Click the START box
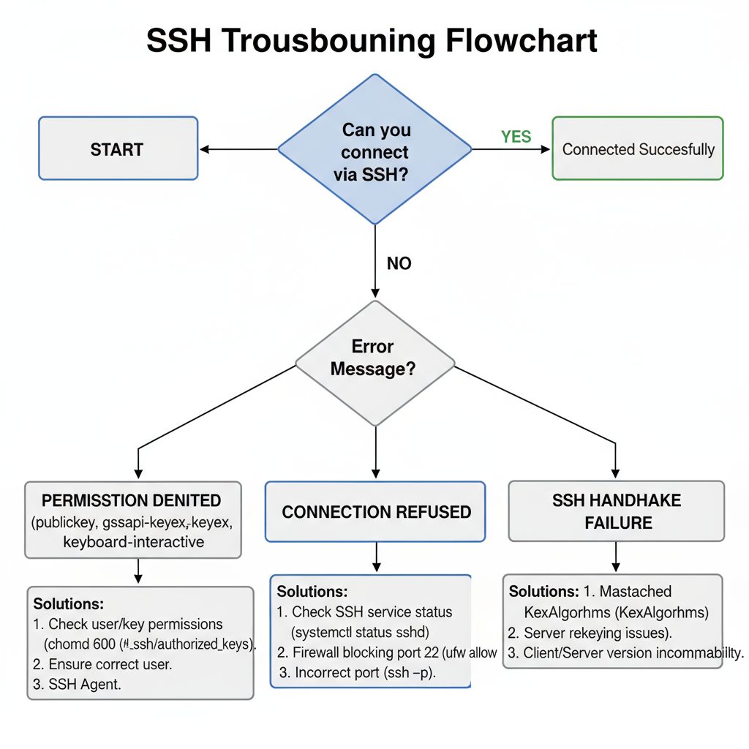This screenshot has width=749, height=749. click(x=118, y=148)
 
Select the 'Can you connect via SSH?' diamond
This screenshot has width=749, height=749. click(x=375, y=149)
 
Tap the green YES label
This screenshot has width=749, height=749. click(x=516, y=137)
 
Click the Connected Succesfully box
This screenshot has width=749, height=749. click(x=638, y=149)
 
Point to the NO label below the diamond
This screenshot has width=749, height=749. click(x=399, y=263)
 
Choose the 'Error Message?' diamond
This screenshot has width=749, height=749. click(x=374, y=358)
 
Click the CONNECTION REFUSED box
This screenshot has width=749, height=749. click(x=376, y=512)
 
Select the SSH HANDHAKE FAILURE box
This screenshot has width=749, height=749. click(x=617, y=511)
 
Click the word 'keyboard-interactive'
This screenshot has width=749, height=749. click(x=134, y=542)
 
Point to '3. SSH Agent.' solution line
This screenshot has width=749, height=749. click(x=77, y=685)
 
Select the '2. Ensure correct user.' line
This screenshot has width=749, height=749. click(x=102, y=664)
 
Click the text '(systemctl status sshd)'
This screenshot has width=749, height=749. click(x=360, y=631)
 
